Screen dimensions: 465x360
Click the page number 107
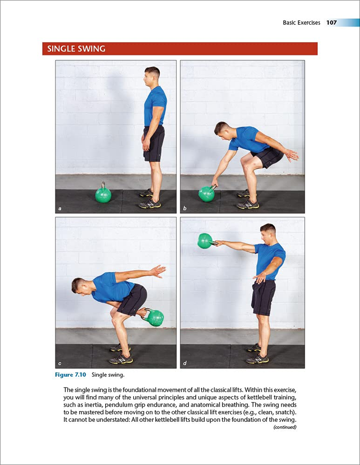[x=332, y=22]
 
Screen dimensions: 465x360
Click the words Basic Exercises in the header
[x=301, y=22]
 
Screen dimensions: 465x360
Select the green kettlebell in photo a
[x=103, y=195]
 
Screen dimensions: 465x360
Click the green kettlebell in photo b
[x=207, y=194]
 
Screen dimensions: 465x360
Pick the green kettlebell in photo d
[x=205, y=241]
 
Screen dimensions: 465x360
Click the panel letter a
[x=59, y=208]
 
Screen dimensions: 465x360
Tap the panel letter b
[x=184, y=208]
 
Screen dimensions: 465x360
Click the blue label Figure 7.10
[x=71, y=375]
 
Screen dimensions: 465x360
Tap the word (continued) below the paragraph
[x=284, y=427]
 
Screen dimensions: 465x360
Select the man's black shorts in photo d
[x=263, y=297]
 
